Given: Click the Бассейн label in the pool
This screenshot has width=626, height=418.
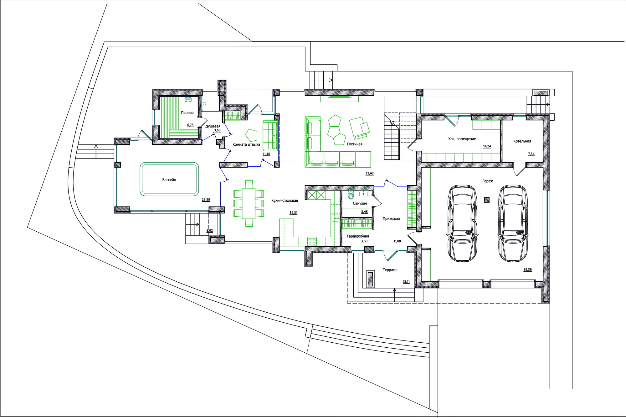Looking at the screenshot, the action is coord(169,180).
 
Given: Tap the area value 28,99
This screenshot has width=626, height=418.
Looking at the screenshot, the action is coord(206,199).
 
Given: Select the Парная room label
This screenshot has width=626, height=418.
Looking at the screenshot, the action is coord(187,113).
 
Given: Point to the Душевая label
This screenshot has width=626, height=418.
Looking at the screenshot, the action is coord(213,126).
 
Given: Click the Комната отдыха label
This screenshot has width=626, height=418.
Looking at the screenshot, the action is coord(246,144).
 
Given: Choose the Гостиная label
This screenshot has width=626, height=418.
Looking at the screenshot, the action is coord(355,144).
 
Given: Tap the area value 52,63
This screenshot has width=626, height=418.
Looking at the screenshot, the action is coord(370,173).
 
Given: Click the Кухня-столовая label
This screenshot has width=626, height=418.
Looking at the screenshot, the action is coord(285,200).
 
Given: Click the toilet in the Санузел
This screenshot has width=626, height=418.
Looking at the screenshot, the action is coord(351,194).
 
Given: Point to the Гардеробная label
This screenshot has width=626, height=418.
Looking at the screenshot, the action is coord(358,236).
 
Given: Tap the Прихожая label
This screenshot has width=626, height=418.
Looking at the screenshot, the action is coord(391,219).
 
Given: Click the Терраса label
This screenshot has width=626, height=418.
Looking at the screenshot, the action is coord(390,270).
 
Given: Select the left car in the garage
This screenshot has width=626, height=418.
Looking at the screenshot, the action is coord(463,224).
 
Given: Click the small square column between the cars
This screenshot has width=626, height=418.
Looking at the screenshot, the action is coord(486,200).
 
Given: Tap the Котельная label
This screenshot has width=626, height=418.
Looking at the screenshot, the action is coord(522,141).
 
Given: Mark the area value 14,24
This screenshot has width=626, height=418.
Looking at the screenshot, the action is coord(487,146).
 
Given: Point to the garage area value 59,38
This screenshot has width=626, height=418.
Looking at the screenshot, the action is coord(527,269).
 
